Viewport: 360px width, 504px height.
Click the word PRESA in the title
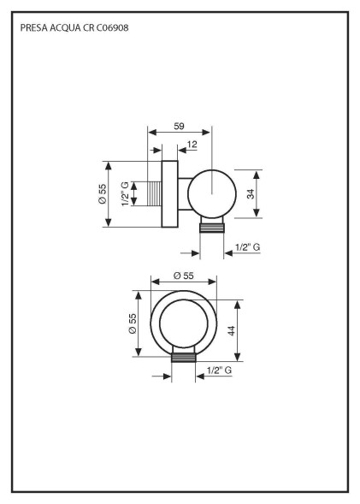point(33,27)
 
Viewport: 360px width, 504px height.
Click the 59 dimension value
point(180,126)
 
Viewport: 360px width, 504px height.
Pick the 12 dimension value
point(192,144)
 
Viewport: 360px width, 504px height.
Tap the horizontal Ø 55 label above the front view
point(182,276)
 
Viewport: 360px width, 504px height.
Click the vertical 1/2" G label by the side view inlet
point(125,194)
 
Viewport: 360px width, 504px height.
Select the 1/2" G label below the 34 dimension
point(247,247)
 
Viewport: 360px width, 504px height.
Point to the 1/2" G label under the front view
point(220,371)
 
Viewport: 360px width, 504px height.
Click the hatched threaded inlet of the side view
point(153,194)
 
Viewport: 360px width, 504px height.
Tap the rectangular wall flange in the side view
point(169,194)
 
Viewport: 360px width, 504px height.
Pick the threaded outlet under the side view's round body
point(212,226)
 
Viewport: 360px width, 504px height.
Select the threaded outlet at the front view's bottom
point(183,356)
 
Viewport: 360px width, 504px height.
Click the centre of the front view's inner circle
point(183,326)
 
